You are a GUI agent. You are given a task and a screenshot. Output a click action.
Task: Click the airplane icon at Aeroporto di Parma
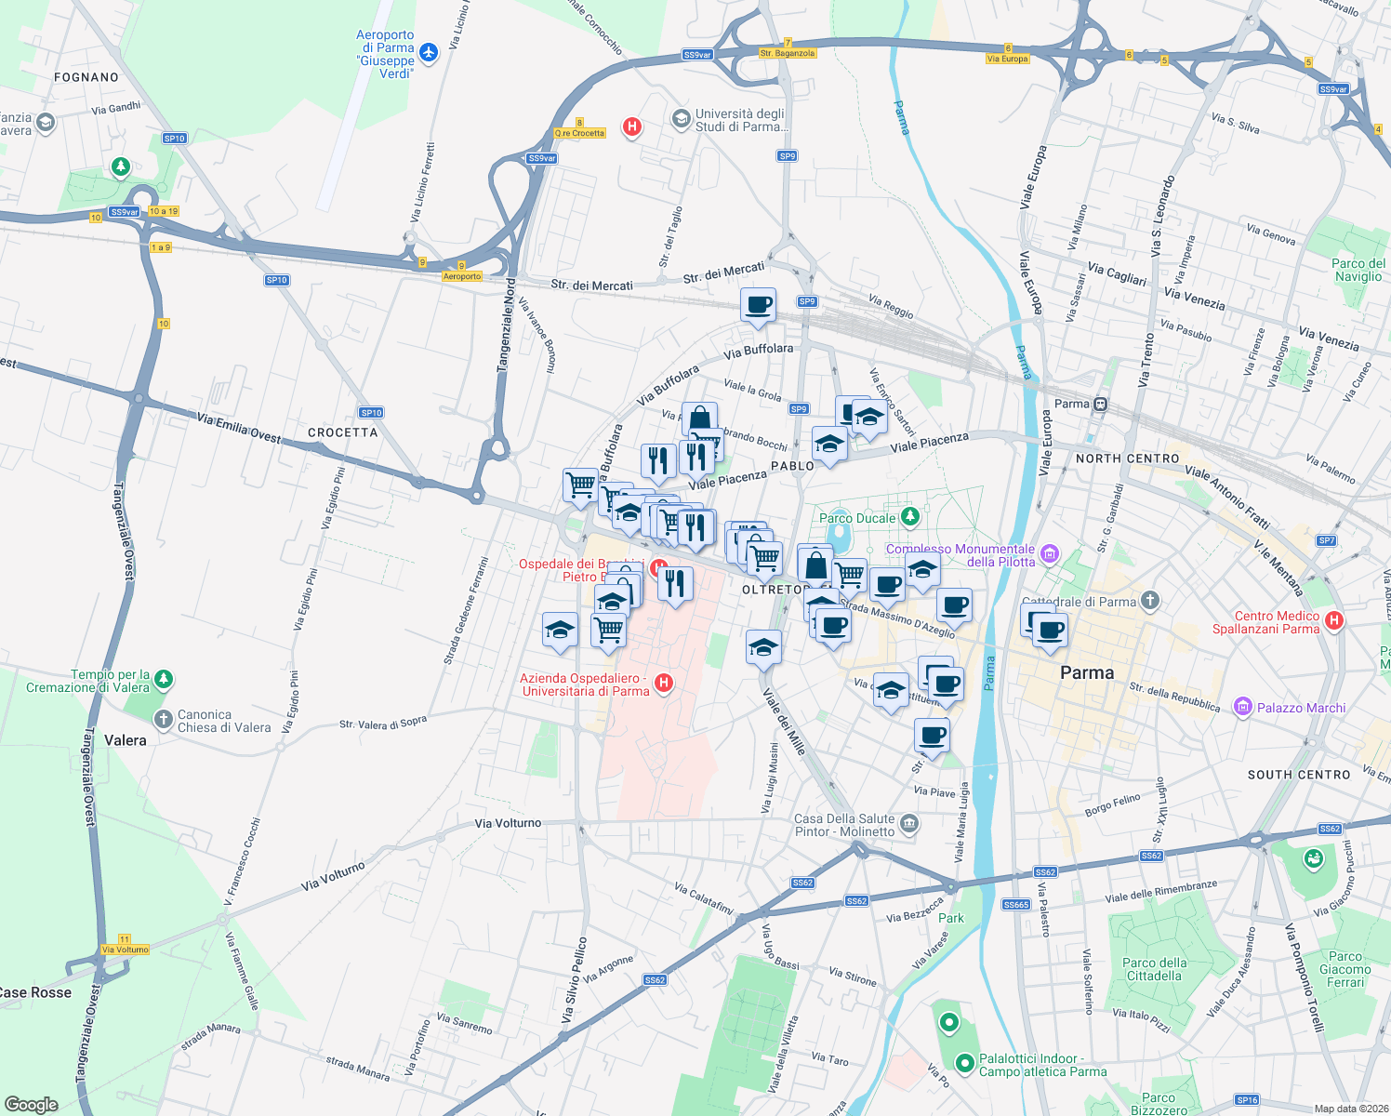[x=429, y=52]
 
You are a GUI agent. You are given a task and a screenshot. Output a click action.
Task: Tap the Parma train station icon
[x=1100, y=404]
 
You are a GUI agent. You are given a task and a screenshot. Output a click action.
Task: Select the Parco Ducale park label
[x=856, y=518]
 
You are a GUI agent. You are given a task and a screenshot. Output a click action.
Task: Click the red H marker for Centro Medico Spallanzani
[x=1334, y=621]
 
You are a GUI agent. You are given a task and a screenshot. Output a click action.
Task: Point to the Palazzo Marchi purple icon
[x=1242, y=707]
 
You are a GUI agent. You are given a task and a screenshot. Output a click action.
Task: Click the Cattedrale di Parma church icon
[x=1150, y=601]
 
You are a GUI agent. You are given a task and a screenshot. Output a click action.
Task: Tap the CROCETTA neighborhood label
[x=343, y=432]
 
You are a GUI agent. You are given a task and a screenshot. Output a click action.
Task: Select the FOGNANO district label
[x=86, y=77]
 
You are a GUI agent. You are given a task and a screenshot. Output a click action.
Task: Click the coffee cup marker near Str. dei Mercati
[x=759, y=305]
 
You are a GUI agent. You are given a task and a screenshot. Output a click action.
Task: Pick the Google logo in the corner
[x=32, y=1104]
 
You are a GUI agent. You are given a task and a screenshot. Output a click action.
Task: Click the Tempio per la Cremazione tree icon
[x=164, y=680]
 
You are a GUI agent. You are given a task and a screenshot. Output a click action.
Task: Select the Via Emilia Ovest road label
[x=238, y=428]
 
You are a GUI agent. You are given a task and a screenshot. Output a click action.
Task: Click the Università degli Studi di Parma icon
[x=681, y=118]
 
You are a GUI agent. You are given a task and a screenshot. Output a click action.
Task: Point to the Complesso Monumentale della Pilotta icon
[x=1050, y=554]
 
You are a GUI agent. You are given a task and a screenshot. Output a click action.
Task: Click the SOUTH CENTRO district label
[x=1298, y=775]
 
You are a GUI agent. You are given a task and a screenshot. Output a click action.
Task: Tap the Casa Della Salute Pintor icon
[x=909, y=823]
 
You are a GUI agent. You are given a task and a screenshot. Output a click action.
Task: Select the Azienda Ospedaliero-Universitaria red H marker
[x=663, y=684]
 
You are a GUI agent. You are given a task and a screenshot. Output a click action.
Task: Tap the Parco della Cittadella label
[x=1154, y=969]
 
